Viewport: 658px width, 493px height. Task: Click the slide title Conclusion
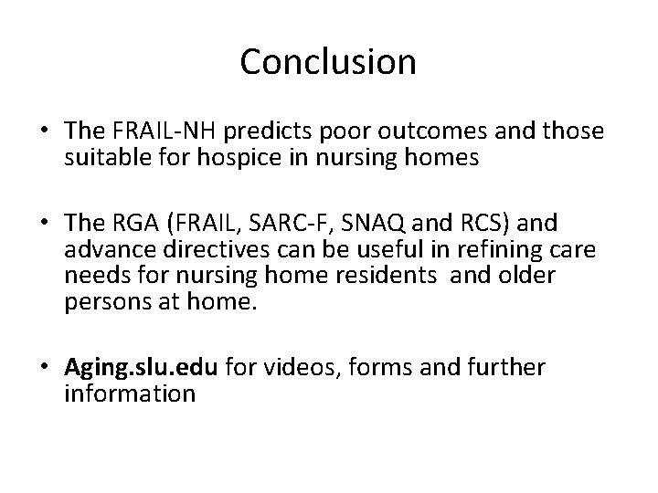328,62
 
